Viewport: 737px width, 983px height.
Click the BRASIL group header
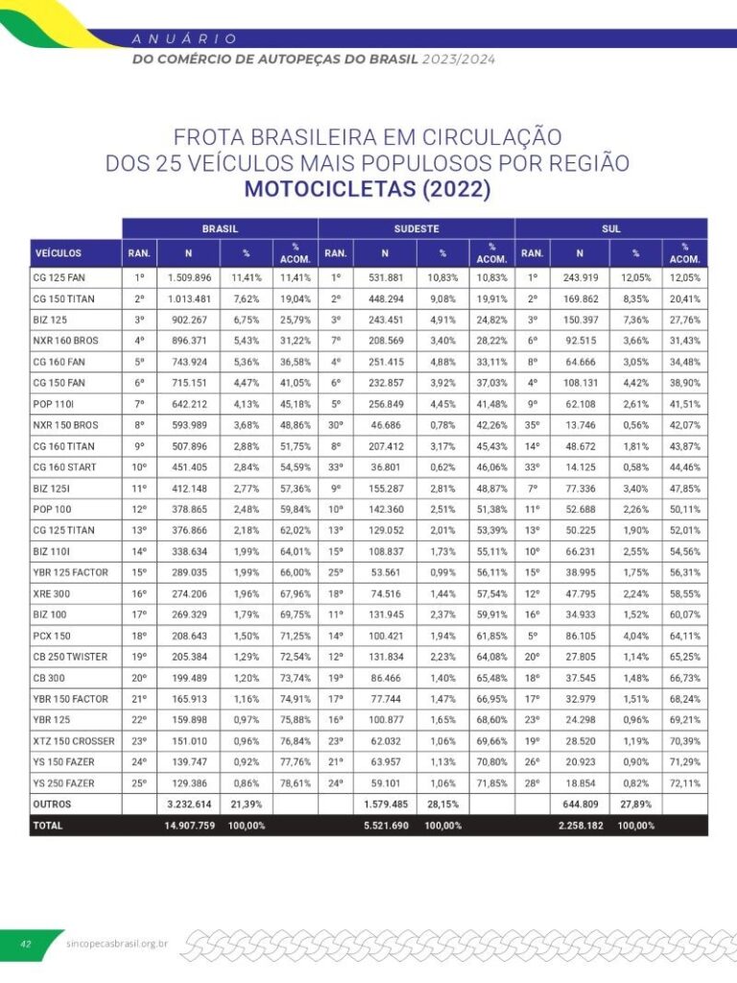(219, 229)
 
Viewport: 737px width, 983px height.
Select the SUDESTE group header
(416, 229)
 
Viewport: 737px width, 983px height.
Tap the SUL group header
(610, 229)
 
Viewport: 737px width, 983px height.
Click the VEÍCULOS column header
(59, 253)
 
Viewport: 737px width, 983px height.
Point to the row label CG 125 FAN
(59, 277)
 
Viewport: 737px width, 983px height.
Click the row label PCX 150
(52, 636)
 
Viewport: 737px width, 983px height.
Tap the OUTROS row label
(52, 803)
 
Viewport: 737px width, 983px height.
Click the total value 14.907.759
(189, 825)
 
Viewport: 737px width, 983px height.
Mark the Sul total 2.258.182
(581, 825)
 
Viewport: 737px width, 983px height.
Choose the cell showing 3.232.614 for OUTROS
(189, 803)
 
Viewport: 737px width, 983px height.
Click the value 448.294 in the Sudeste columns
(384, 299)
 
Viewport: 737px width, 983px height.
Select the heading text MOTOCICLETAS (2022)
(368, 188)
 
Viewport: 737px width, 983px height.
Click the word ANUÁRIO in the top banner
(184, 38)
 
